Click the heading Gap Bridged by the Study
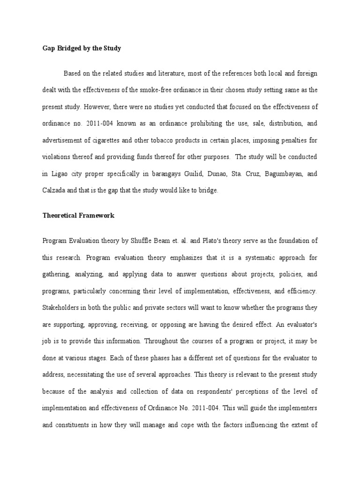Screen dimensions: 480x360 [82, 48]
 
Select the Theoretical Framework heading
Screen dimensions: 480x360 [78, 216]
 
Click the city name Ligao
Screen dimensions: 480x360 [63, 173]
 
